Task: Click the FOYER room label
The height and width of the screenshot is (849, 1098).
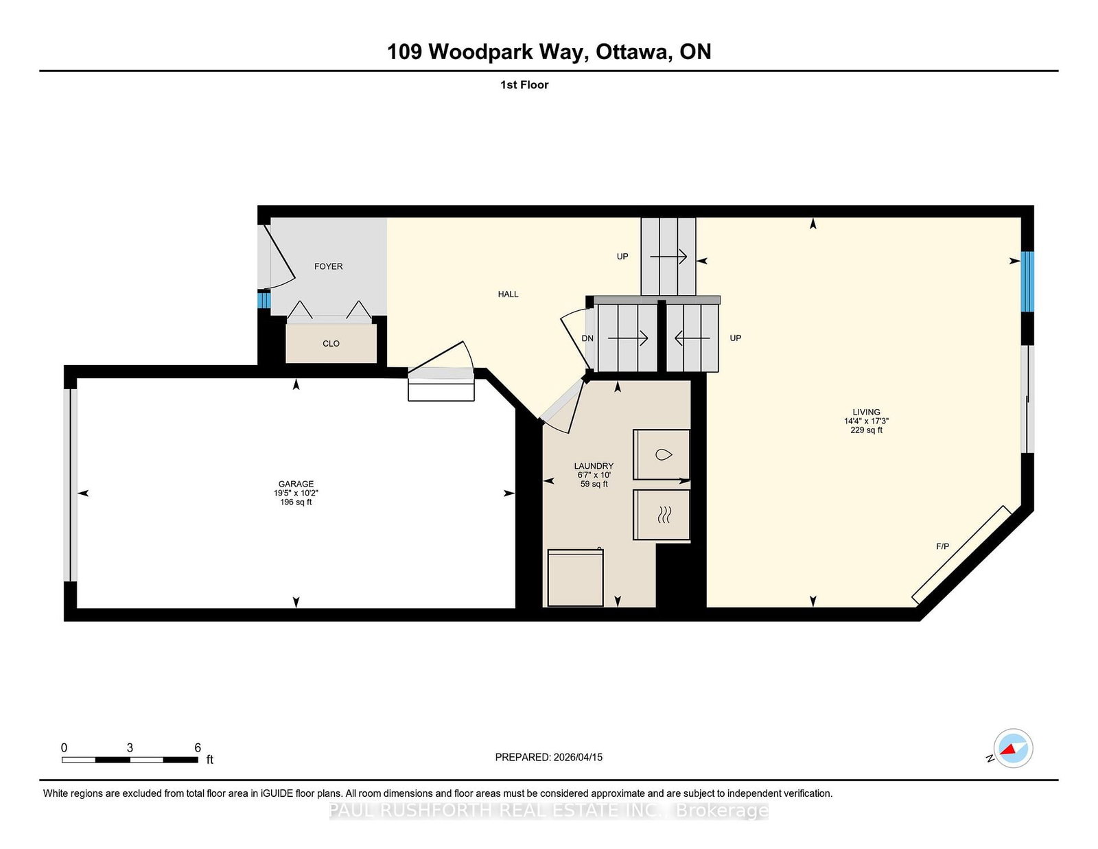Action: click(328, 266)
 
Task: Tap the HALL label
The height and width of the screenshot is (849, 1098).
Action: click(508, 294)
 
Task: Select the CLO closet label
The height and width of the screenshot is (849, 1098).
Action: click(331, 344)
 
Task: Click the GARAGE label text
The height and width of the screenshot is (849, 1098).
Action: click(296, 484)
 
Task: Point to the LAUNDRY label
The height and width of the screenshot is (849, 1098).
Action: click(594, 466)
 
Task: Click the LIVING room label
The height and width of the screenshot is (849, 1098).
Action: click(866, 412)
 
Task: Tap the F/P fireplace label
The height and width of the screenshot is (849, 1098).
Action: click(942, 546)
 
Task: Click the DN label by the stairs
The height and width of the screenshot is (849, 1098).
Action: click(587, 338)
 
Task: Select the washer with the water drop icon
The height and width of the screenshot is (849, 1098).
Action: click(662, 454)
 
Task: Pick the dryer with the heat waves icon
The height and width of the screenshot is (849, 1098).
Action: click(662, 514)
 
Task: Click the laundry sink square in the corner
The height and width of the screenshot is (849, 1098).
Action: click(575, 577)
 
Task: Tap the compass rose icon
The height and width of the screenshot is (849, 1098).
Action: click(1013, 748)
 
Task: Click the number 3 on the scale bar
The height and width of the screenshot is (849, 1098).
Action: click(130, 748)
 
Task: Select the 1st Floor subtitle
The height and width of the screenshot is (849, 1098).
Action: click(524, 85)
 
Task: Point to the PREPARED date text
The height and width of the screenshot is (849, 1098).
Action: click(548, 757)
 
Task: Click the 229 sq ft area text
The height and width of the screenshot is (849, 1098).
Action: click(866, 430)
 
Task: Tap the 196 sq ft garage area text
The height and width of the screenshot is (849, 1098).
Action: click(296, 502)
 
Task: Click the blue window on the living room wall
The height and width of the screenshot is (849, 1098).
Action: click(1027, 281)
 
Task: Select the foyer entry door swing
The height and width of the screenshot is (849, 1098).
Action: click(278, 257)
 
